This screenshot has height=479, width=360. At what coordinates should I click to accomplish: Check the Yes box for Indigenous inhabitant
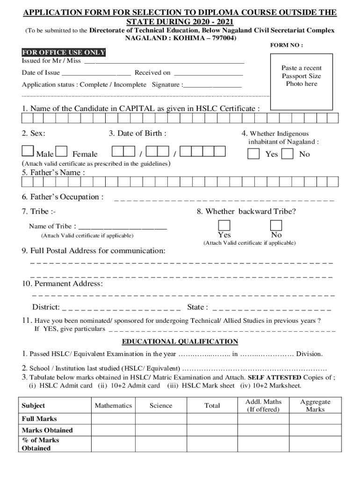[253, 154]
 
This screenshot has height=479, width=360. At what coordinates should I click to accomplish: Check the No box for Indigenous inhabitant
[288, 154]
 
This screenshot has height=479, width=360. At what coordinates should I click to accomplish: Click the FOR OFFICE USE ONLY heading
[64, 52]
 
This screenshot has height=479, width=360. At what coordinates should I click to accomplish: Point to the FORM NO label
[287, 45]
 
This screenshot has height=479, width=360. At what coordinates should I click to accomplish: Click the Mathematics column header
[113, 406]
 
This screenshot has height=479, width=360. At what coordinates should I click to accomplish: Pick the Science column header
[161, 406]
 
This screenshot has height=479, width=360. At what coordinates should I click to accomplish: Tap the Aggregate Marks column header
[315, 406]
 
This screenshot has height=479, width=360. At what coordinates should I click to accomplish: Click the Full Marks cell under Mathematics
[113, 419]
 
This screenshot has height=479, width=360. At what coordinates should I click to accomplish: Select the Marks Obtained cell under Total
[212, 430]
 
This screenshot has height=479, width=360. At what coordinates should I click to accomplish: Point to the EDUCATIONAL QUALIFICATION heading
[180, 341]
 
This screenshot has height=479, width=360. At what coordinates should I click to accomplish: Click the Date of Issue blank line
[96, 73]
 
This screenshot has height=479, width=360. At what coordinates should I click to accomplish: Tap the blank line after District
[122, 308]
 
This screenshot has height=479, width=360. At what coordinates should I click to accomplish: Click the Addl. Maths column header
[264, 406]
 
